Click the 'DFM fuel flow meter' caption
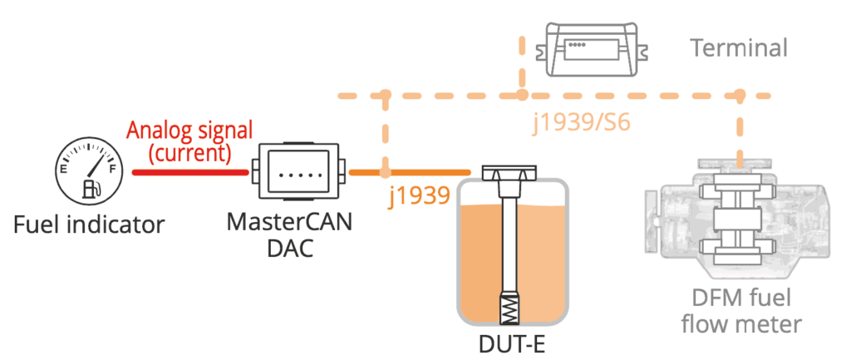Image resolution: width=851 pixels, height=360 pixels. (736, 311)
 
